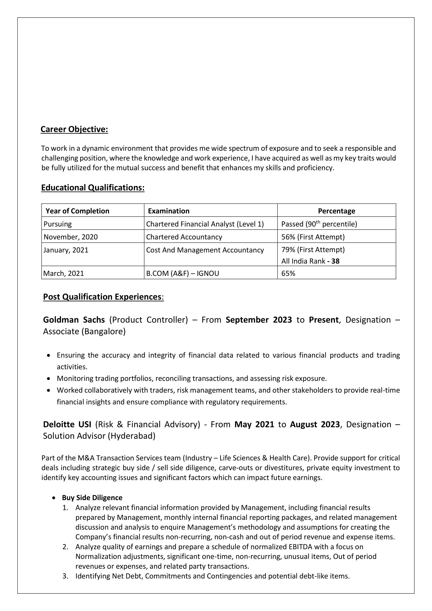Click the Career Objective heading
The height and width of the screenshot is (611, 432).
[74, 129]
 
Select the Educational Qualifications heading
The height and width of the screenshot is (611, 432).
[93, 188]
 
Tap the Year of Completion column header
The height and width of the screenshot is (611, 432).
[78, 211]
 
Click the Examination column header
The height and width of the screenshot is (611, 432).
[169, 211]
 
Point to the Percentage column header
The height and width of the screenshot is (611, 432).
[336, 211]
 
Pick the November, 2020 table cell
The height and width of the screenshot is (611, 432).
[70, 237]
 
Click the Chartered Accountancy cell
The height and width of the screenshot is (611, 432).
[184, 237]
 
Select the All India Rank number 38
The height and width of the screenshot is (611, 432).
[335, 261]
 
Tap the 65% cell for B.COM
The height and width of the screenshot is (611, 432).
[288, 274]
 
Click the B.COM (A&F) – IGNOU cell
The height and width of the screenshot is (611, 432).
[182, 274]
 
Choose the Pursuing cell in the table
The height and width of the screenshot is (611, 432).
[58, 224]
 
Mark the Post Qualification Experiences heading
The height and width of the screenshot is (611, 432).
[102, 297]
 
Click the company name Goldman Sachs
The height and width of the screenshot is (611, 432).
[74, 320]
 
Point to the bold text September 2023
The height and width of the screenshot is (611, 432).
[259, 320]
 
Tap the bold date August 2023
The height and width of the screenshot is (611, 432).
[315, 424]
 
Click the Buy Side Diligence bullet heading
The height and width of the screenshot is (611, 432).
[92, 498]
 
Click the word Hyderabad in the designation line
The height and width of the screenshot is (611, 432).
[131, 436]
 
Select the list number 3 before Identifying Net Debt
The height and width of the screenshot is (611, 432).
[65, 576]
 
